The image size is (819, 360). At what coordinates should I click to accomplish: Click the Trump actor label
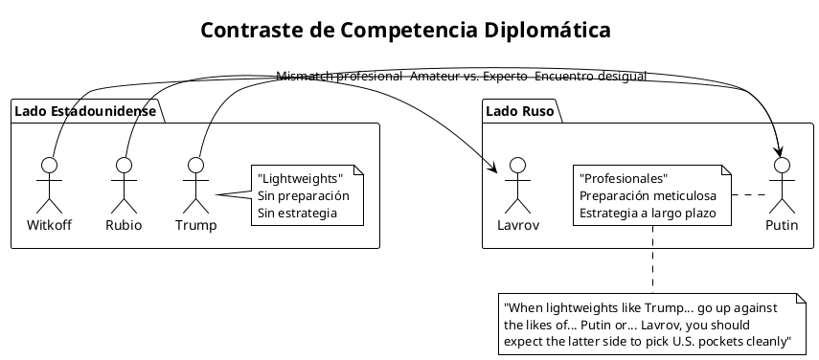195,226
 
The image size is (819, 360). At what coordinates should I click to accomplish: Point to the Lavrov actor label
517,226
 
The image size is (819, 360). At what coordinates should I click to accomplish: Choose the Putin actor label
783,226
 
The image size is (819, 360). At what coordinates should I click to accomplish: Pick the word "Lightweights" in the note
300,179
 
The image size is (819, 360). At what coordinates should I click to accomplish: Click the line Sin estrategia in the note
298,212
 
